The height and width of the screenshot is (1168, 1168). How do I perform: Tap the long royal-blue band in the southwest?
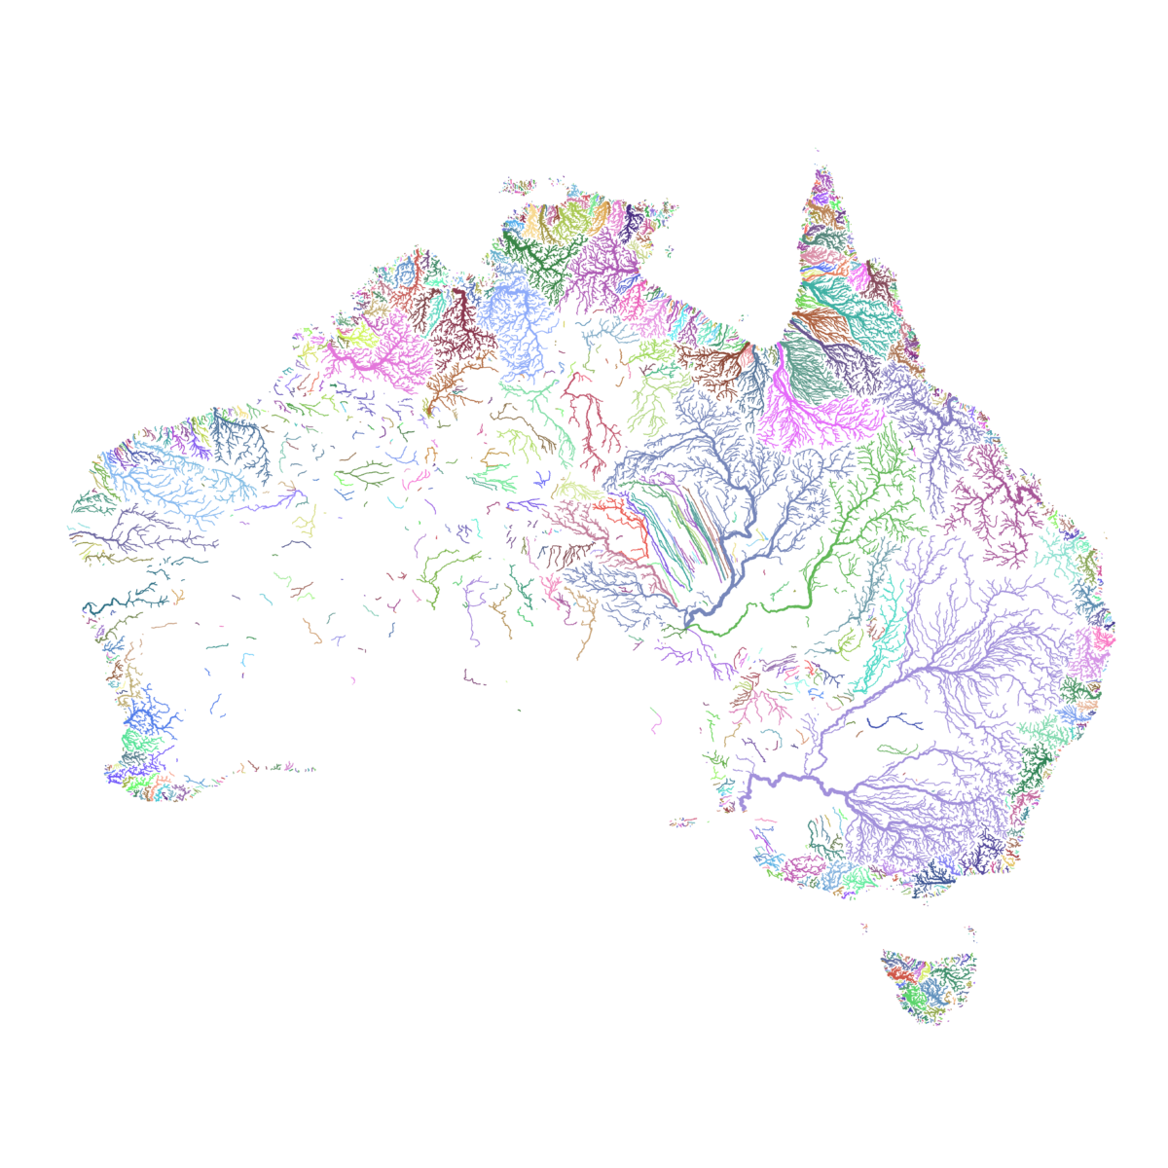389,732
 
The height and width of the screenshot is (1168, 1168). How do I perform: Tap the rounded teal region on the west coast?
93,510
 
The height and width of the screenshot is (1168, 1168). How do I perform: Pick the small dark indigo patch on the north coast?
631,227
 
